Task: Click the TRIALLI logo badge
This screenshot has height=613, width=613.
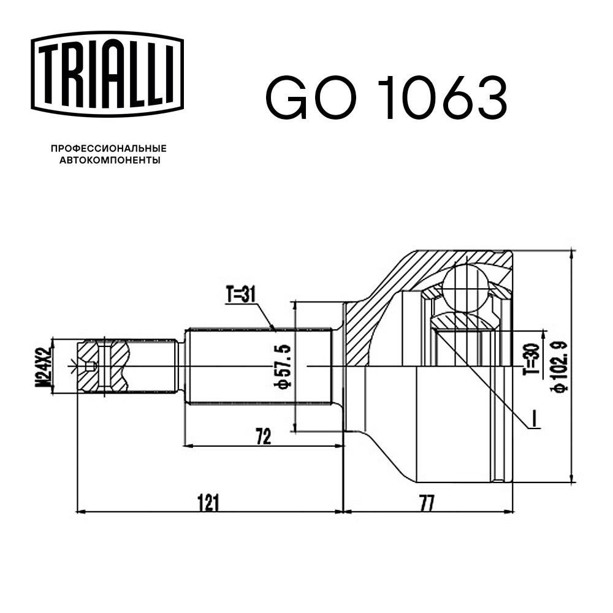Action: pyautogui.click(x=107, y=74)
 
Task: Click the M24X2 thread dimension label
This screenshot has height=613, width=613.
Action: pyautogui.click(x=43, y=365)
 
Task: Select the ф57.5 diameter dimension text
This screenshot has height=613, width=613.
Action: pyautogui.click(x=284, y=366)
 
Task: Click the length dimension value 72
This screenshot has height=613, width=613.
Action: pyautogui.click(x=264, y=436)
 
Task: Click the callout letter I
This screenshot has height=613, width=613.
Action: pyautogui.click(x=534, y=419)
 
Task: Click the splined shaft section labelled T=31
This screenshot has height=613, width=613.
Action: pyautogui.click(x=257, y=366)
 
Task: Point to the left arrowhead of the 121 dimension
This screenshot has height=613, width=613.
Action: pyautogui.click(x=80, y=510)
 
